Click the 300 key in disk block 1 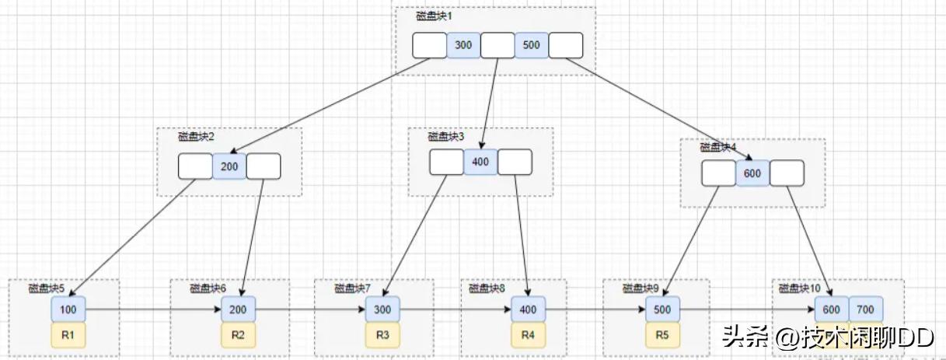(x=463, y=45)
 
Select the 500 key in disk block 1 (x=531, y=45)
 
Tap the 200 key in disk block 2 (x=229, y=166)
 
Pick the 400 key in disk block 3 (x=480, y=162)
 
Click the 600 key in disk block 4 (x=752, y=173)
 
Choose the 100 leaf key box (x=68, y=309)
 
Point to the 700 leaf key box (x=865, y=309)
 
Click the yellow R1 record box (x=68, y=336)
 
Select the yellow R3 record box (x=382, y=336)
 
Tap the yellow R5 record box (x=662, y=336)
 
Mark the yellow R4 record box (x=528, y=336)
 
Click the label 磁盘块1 (x=433, y=16)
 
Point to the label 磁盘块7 (x=353, y=288)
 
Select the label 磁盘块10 (x=800, y=288)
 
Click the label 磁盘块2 (x=196, y=137)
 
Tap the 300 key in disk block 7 (x=382, y=309)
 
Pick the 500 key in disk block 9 (x=662, y=309)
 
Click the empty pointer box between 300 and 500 (x=497, y=45)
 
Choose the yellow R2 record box (x=238, y=336)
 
